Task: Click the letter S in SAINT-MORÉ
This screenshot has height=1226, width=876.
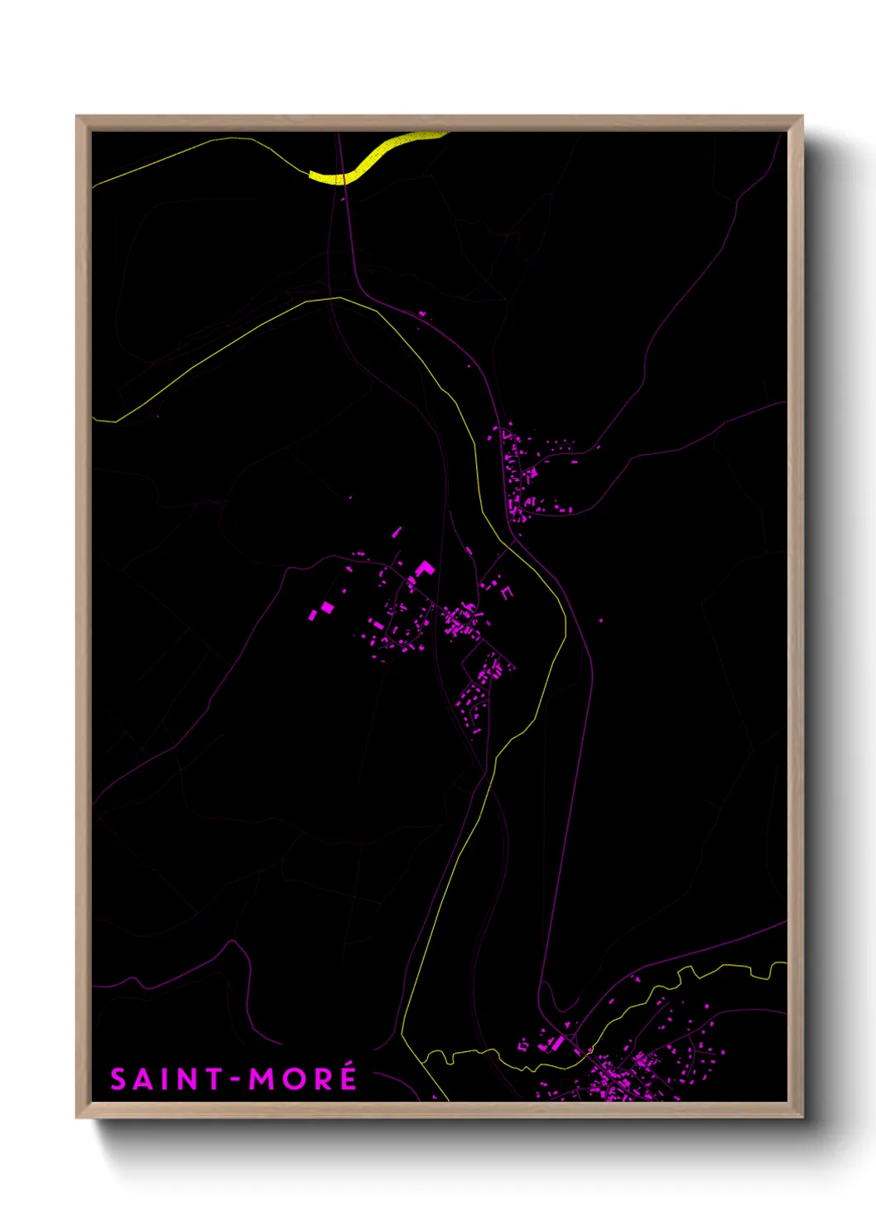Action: [x=119, y=1079]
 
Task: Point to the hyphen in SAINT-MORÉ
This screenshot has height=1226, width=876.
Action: [x=236, y=1079]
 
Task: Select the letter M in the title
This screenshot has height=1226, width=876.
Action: [x=263, y=1079]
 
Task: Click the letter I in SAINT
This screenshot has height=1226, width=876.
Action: [x=165, y=1079]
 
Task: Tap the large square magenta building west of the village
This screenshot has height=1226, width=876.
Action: [x=327, y=607]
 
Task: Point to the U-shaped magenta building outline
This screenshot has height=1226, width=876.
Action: [x=507, y=593]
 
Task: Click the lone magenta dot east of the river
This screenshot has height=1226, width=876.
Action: [x=601, y=620]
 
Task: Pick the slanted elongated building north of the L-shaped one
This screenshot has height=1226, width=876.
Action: [x=397, y=532]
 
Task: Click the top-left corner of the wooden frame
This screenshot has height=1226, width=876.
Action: [x=77, y=117]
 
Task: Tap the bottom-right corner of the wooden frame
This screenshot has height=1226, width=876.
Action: [x=801, y=1117]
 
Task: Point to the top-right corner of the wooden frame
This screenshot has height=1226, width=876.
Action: [x=801, y=117]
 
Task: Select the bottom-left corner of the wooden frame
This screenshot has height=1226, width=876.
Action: [x=77, y=1117]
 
